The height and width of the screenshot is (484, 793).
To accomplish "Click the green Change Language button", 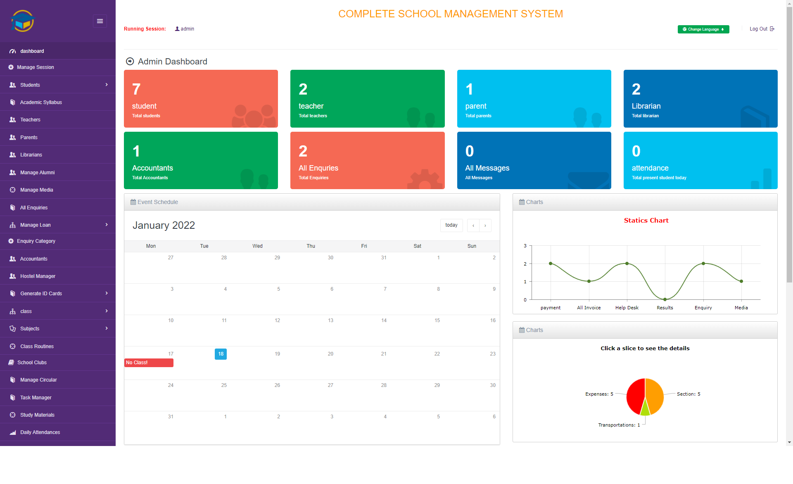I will [703, 29].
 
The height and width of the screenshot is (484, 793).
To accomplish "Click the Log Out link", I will [762, 29].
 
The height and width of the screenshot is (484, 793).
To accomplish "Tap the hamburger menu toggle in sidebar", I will [100, 21].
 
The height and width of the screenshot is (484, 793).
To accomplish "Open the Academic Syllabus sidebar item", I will [41, 102].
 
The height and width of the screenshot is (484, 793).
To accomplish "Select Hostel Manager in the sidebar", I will [38, 276].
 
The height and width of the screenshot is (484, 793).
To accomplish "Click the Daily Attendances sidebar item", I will [40, 432].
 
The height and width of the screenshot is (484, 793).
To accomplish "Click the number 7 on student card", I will [136, 89].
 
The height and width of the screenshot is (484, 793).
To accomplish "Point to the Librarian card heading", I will [646, 106].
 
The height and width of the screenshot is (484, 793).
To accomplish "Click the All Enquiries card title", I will [318, 168].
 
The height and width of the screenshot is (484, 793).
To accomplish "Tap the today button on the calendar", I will [451, 225].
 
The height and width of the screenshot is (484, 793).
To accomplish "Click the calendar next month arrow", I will [485, 225].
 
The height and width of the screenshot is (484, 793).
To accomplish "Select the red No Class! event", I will [149, 363].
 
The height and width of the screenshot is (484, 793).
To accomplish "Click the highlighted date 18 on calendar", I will [221, 354].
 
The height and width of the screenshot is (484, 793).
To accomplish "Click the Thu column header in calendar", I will [311, 246].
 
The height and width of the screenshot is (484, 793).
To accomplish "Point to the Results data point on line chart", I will [665, 299].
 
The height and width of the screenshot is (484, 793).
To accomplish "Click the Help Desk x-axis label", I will [627, 308].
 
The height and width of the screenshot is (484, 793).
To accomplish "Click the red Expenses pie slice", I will [635, 396].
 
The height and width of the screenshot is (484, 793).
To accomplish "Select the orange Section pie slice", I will [655, 394].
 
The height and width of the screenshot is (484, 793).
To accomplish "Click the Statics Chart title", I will [646, 221].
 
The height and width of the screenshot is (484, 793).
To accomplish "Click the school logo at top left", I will [23, 21].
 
